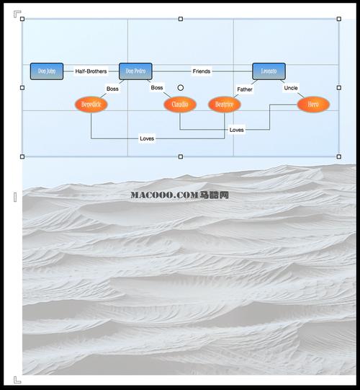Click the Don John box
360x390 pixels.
click(47, 71)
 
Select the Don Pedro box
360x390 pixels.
click(135, 71)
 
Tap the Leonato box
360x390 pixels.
click(269, 71)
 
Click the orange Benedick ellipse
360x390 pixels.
click(91, 105)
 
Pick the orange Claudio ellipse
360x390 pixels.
click(180, 105)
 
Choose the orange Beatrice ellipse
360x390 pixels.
click(224, 105)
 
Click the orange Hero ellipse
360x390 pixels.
click(313, 105)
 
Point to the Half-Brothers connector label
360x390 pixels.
click(91, 71)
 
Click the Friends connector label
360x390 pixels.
click(202, 71)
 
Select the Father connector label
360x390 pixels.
click(245, 89)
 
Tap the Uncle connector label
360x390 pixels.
click(291, 88)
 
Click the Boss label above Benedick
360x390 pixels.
click(112, 89)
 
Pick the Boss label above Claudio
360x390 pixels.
click(157, 88)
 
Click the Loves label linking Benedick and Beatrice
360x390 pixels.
click(147, 138)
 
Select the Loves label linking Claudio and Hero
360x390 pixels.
click(236, 130)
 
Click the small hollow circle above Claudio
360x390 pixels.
click(181, 88)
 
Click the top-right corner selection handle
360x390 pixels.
click(338, 19)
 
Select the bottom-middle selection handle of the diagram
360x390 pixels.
click(180, 156)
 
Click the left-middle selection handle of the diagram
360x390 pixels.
click(22, 88)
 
